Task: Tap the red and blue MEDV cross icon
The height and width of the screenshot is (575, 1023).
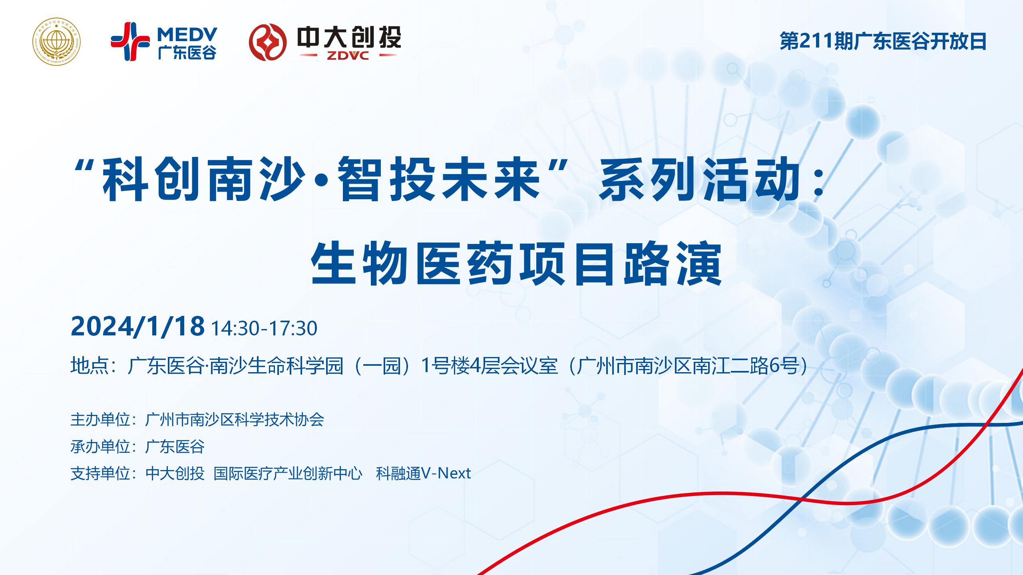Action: (130, 42)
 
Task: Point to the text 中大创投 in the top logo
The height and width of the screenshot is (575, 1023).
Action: (349, 38)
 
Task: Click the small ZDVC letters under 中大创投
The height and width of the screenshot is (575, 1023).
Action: (348, 56)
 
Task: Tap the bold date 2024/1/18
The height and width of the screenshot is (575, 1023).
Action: (137, 327)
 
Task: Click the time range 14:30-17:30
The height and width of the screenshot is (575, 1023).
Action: (264, 328)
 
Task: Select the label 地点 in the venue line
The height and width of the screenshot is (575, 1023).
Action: (89, 365)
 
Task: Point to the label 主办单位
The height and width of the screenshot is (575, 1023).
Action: (100, 420)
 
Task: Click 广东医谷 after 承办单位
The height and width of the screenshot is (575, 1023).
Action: (175, 446)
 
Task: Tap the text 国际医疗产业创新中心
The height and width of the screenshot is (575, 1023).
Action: (288, 473)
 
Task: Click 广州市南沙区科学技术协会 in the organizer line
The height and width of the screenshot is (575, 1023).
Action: (235, 420)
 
